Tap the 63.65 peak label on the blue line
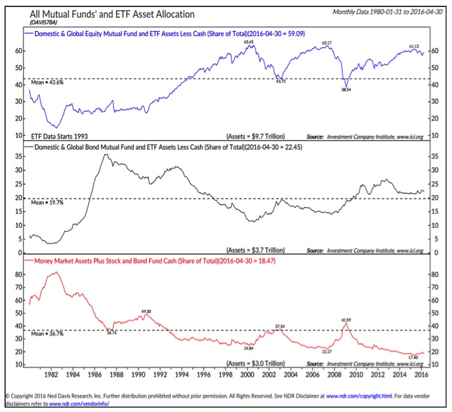pyautogui.click(x=249, y=41)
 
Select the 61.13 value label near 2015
pyautogui.click(x=414, y=46)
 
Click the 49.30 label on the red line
pyautogui.click(x=145, y=311)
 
